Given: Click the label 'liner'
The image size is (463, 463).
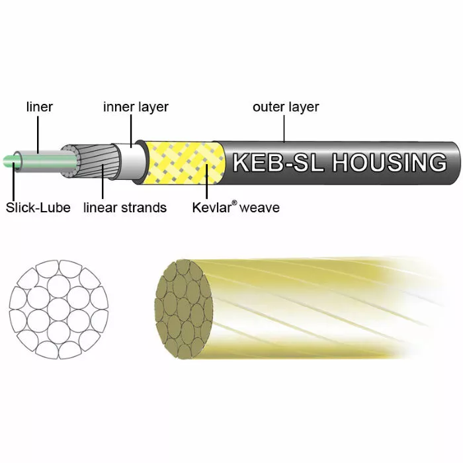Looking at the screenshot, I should (39, 106).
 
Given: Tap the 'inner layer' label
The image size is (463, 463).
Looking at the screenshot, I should (136, 106).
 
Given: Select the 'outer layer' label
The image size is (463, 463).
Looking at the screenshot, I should (286, 106).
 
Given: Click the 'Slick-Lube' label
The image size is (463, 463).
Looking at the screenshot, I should (38, 208).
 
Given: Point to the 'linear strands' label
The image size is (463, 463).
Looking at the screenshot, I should (125, 208).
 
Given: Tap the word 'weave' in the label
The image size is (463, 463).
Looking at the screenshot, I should (259, 208).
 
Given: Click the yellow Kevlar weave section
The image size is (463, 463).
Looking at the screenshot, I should (179, 163).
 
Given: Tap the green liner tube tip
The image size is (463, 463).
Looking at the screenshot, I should (13, 161).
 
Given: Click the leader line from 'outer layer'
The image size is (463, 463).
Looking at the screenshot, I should (285, 128).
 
